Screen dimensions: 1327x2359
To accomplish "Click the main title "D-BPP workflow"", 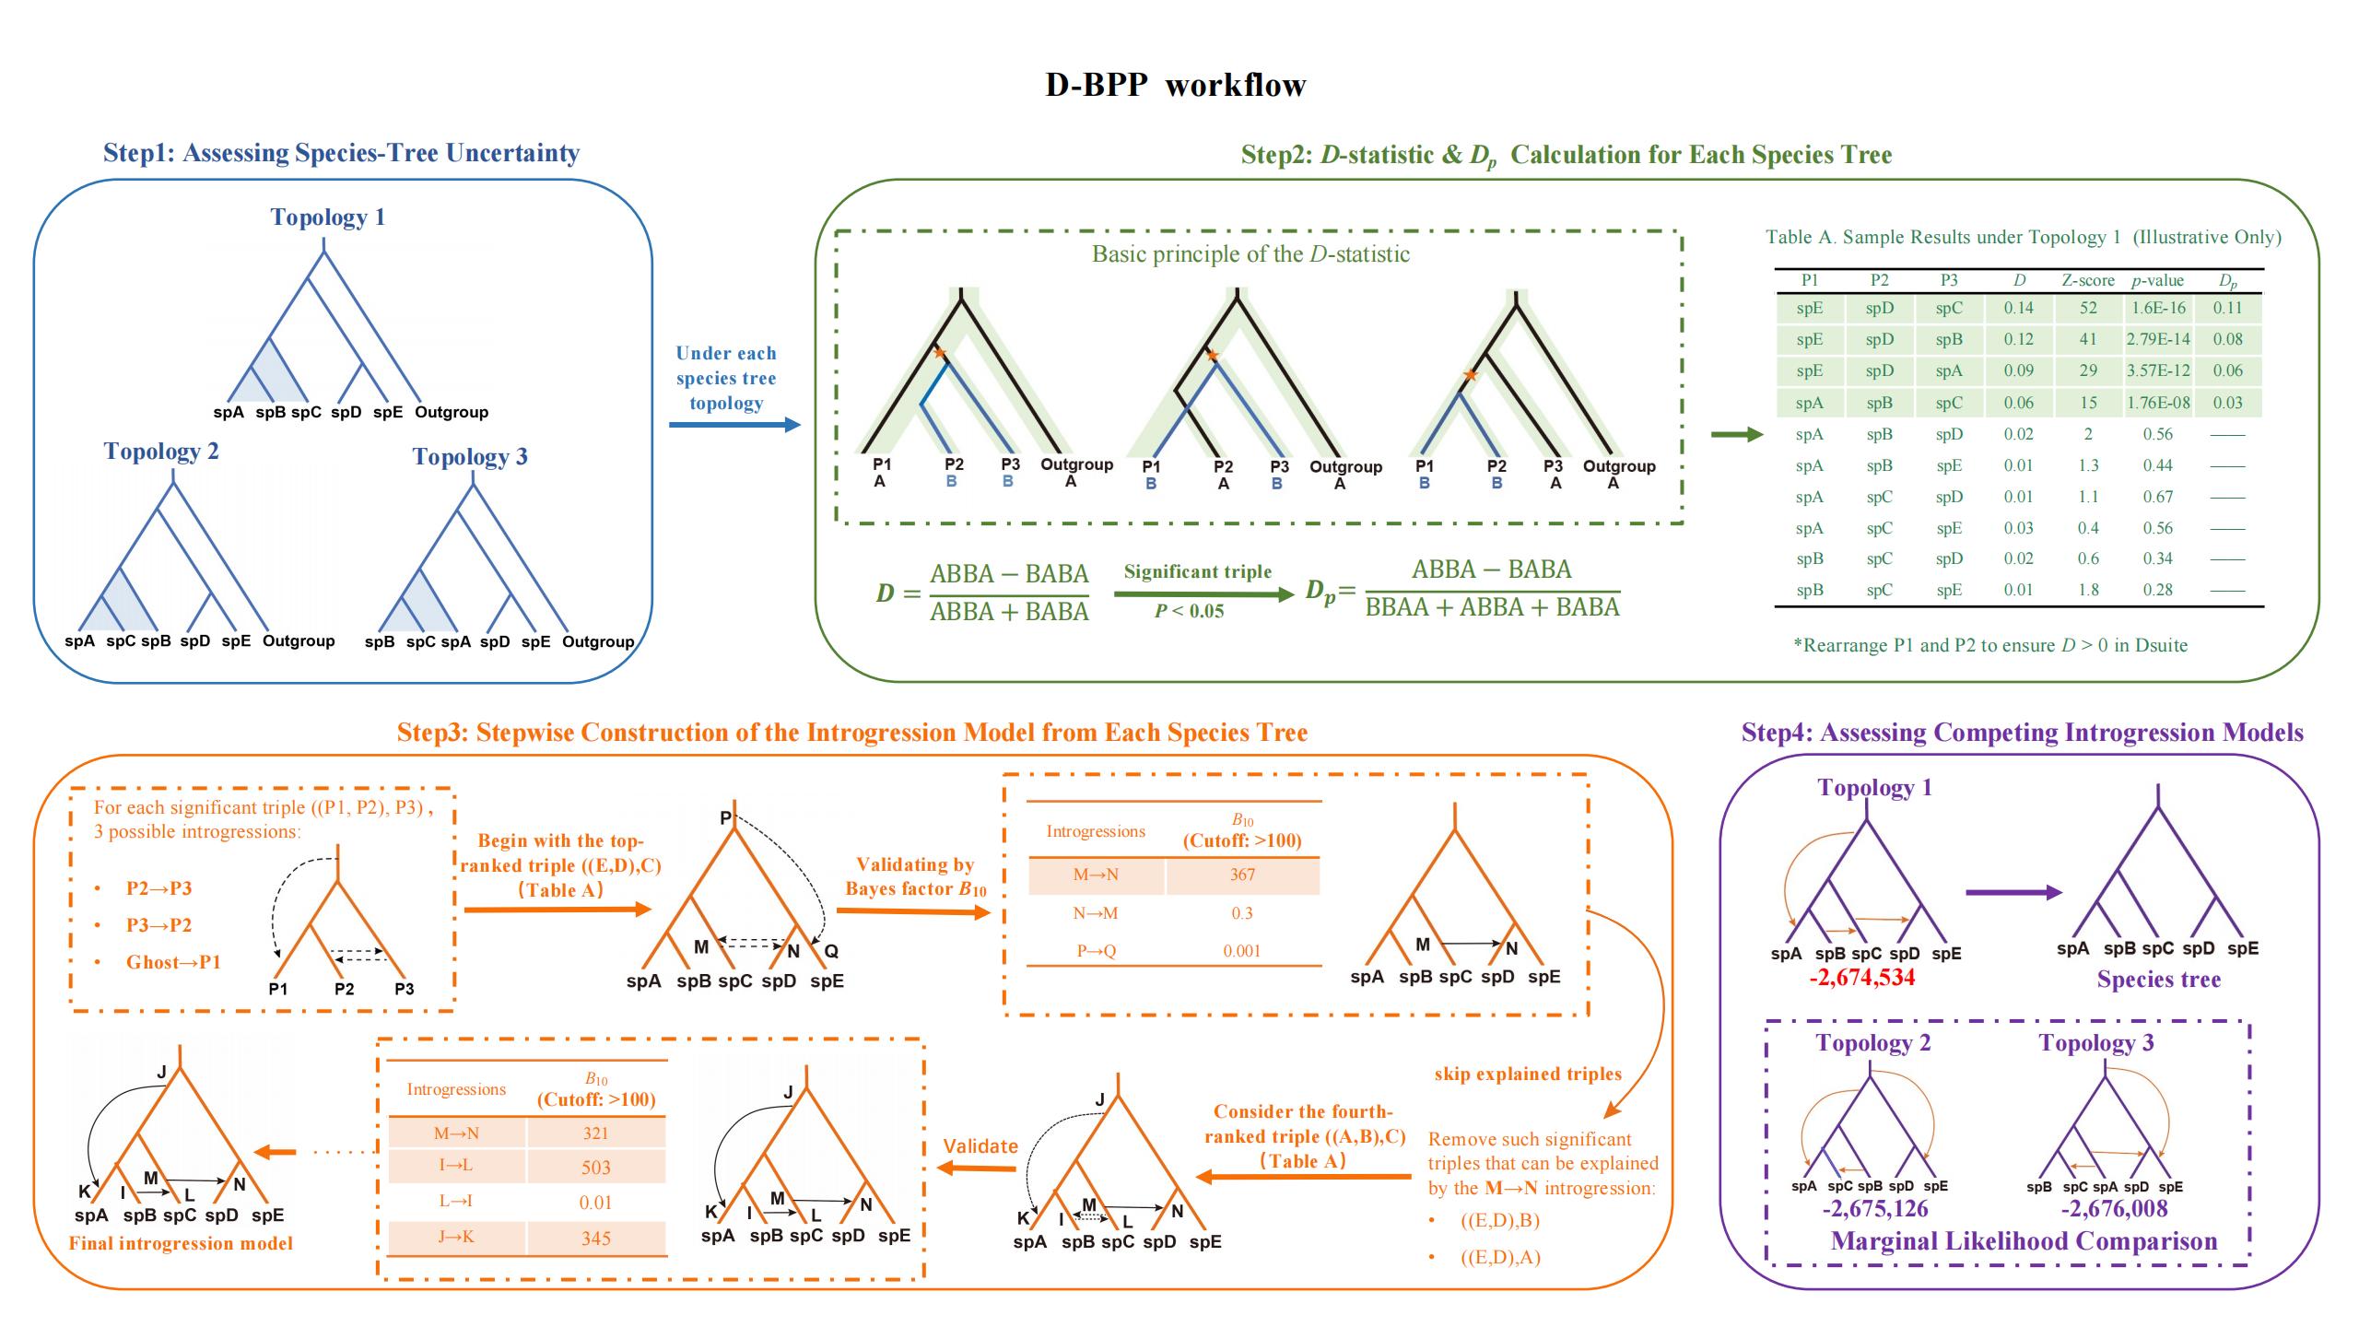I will pos(1175,85).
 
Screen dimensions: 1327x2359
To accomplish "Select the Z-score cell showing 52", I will pos(2087,308).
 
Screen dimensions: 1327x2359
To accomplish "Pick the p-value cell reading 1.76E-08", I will pos(2157,403).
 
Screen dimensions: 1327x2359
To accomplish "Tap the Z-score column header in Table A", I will pos(2087,280).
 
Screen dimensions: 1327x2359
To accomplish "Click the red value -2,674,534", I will pos(1861,978).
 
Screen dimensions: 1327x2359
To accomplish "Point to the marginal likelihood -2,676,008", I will pos(2114,1209).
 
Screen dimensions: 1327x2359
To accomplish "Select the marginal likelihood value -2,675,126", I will pos(1874,1209).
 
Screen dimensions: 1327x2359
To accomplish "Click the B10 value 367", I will pos(1241,875).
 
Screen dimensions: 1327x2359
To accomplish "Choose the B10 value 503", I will pos(595,1168).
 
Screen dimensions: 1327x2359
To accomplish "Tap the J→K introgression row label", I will pos(456,1238).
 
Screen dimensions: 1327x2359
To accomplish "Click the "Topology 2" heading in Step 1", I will pos(161,452).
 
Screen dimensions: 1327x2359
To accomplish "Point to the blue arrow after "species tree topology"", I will pos(734,425).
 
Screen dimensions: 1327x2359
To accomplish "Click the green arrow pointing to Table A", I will pos(1736,435).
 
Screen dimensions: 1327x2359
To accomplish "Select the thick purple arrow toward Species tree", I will pos(2013,892).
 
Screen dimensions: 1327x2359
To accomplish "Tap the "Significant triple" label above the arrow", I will pos(1197,571).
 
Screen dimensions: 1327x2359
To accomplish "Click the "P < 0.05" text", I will pos(1189,611).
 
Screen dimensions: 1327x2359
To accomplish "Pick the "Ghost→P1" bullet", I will pos(173,962).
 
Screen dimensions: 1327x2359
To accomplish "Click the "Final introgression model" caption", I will pos(181,1243).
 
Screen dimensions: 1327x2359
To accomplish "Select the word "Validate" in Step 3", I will pos(980,1146).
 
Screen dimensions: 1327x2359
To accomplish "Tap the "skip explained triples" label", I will pos(1528,1074).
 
